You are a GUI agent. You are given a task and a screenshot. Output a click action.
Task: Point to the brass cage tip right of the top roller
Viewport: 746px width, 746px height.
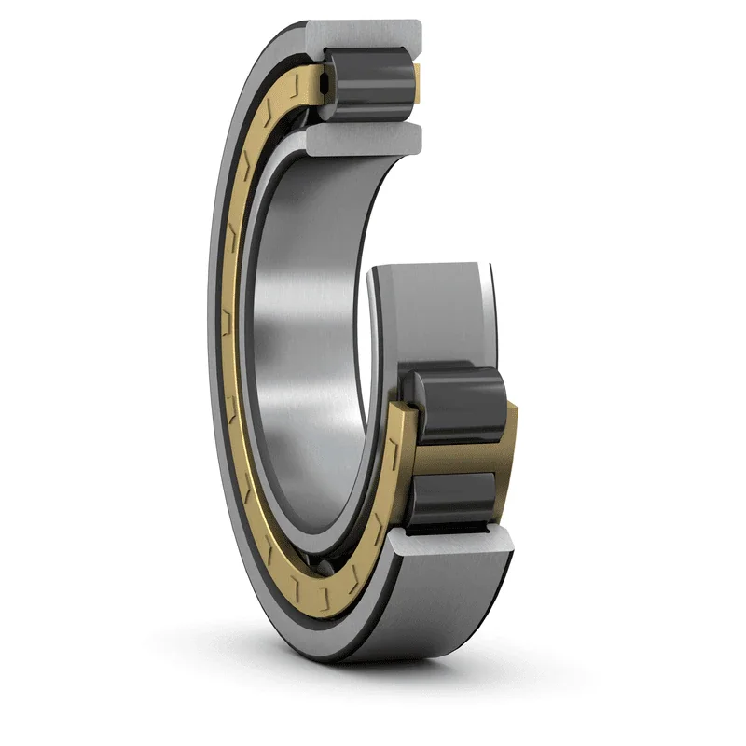(418, 78)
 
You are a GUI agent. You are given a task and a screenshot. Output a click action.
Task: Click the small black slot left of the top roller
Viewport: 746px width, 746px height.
(323, 87)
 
